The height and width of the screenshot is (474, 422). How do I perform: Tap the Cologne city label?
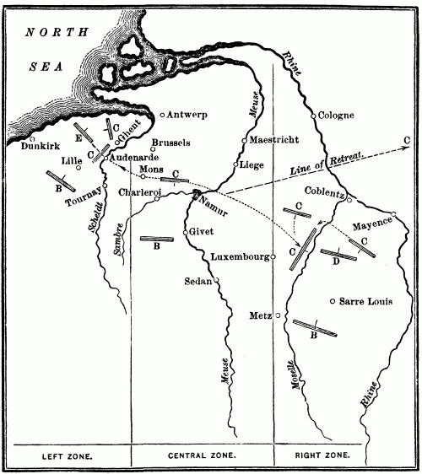coord(338,116)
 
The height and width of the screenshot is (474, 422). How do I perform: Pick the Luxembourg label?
coord(240,256)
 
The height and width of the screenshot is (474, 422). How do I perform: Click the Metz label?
coord(259,316)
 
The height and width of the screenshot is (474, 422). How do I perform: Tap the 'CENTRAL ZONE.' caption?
coord(202,456)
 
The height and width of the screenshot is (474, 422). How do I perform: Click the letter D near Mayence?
coord(336,261)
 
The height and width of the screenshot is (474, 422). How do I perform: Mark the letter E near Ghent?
coord(78,136)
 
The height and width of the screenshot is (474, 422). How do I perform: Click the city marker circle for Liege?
coord(236,164)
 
